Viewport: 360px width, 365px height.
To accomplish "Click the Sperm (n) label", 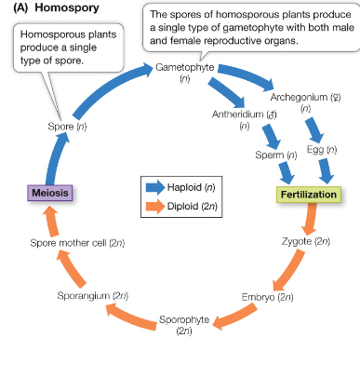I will click(x=278, y=155).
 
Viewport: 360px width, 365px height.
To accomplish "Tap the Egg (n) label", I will click(x=321, y=149).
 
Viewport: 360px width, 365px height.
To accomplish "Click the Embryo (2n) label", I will click(x=268, y=297).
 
